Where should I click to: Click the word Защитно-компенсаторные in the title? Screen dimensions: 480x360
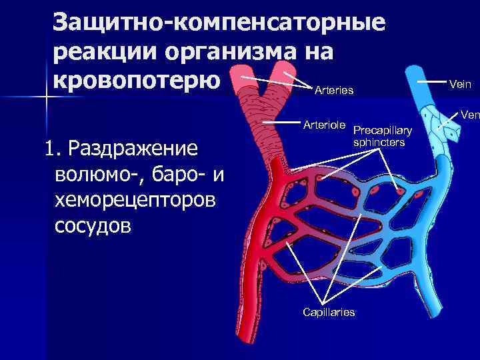219,22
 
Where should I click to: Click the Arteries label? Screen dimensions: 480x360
333,89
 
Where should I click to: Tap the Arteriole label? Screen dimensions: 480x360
323,125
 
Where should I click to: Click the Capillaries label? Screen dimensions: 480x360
329,313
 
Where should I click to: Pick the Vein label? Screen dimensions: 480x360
460,83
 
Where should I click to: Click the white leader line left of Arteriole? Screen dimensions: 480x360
278,122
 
